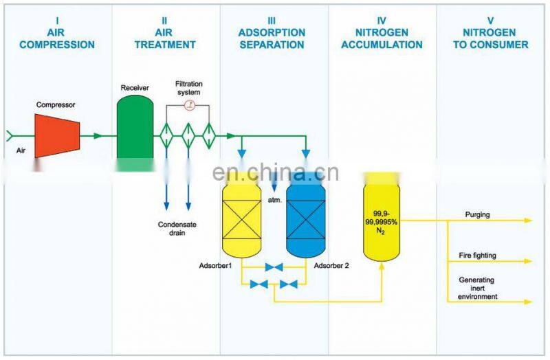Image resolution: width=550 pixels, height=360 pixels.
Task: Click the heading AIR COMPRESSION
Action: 57,38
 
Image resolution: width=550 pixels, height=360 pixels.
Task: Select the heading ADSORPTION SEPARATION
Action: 271,38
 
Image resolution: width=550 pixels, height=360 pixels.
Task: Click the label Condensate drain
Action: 177,229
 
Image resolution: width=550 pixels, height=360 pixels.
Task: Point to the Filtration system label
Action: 188,88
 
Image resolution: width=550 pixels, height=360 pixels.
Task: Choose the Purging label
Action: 477,214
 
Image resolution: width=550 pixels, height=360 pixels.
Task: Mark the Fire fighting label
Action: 477,256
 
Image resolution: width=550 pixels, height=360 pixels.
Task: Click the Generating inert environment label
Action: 477,288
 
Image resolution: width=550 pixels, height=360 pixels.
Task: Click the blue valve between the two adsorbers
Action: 274,267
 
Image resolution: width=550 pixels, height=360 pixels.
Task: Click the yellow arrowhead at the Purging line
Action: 528,221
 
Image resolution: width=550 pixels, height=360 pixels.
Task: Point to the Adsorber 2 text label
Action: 331,265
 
